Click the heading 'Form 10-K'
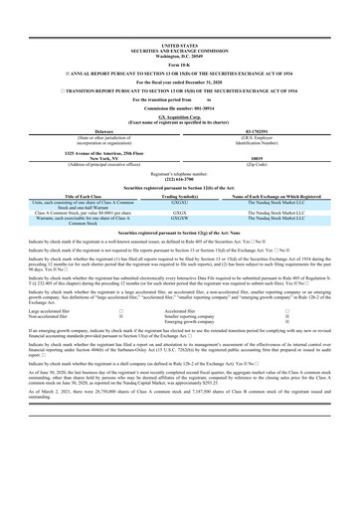[x=179, y=64]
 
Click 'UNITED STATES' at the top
[x=179, y=45]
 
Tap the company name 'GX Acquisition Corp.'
[x=179, y=144]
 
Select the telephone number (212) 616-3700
[x=179, y=207]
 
